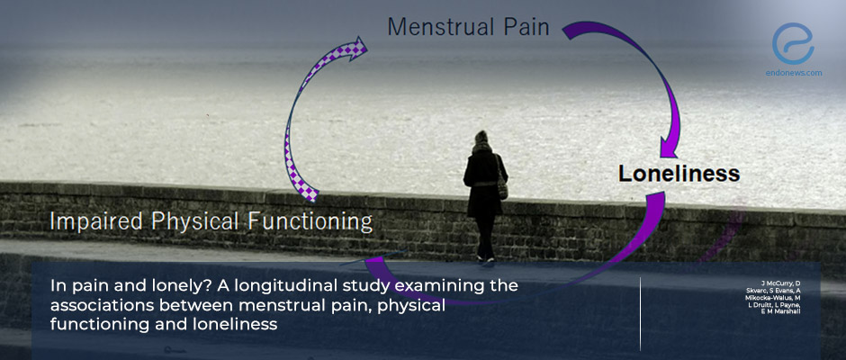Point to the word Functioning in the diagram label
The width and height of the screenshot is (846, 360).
coord(309,220)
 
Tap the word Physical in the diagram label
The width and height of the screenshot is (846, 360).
coord(191,220)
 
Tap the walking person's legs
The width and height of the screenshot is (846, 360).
coord(486,238)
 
